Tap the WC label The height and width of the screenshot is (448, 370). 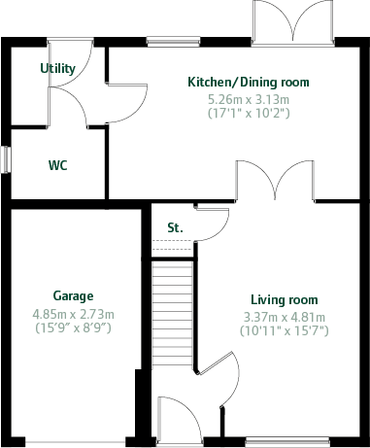point(58,165)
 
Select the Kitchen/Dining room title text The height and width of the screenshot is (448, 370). point(248,83)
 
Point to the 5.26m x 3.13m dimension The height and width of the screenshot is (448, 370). point(248,99)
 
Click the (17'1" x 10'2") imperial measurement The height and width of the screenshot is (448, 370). point(248,114)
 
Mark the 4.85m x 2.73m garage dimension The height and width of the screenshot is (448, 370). point(73,314)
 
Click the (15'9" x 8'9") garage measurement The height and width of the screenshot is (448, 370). point(73,328)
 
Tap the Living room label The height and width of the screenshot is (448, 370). point(284,300)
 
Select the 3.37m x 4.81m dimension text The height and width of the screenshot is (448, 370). point(284,317)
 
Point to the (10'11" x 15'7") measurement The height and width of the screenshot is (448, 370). point(284,331)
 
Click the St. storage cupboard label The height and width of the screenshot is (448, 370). point(175,227)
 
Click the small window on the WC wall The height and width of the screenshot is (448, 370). point(6,159)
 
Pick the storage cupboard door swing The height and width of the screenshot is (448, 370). point(212,222)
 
